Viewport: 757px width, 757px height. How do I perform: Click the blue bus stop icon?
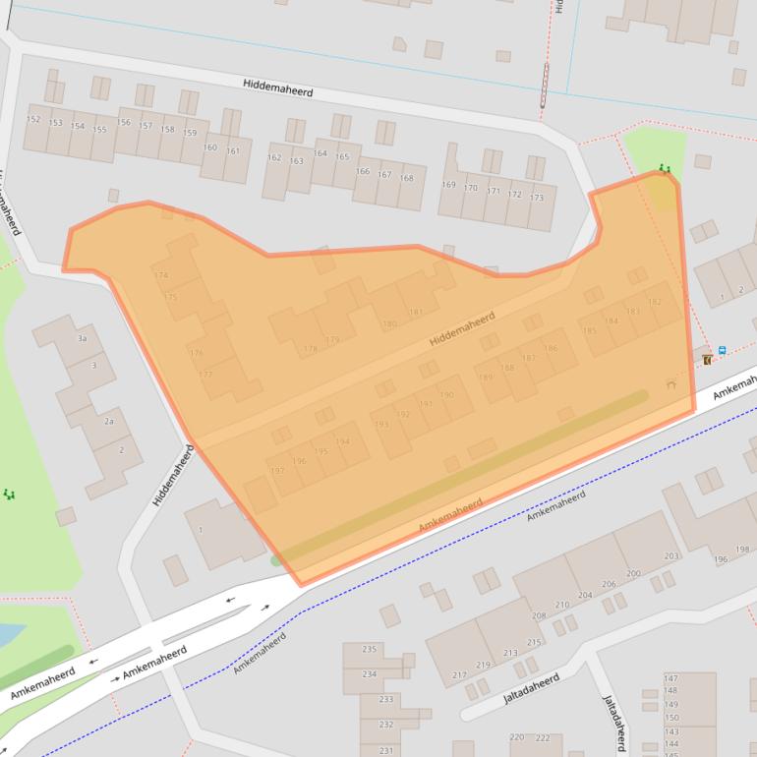tap(723, 350)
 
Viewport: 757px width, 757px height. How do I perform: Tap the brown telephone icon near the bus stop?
tap(707, 360)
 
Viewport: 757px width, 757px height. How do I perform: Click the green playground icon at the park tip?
tap(666, 169)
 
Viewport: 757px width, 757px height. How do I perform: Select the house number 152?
tap(33, 119)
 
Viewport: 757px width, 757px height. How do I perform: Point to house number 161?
tap(233, 150)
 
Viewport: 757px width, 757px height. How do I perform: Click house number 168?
tap(406, 178)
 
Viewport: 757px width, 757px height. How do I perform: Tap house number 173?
tap(536, 198)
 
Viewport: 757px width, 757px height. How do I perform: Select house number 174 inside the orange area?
tap(161, 275)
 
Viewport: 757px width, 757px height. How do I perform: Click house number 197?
tap(277, 471)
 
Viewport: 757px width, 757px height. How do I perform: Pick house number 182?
tap(655, 302)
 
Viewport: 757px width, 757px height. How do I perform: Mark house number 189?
tap(485, 378)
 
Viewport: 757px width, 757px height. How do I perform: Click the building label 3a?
tap(83, 338)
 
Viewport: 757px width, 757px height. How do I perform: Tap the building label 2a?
tap(109, 421)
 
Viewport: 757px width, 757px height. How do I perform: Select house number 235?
tap(370, 649)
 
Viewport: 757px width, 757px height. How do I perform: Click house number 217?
tap(459, 675)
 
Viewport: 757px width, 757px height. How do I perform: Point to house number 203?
tap(671, 556)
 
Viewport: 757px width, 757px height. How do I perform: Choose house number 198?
tap(742, 549)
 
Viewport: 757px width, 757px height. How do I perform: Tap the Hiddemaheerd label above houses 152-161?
tap(278, 87)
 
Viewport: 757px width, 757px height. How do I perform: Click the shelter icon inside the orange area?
tap(671, 384)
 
